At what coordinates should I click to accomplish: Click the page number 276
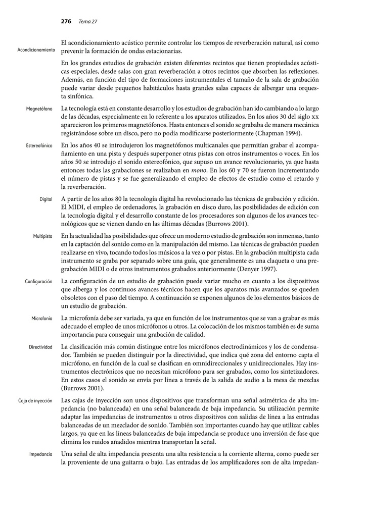click(66, 22)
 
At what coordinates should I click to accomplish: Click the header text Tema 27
click(87, 22)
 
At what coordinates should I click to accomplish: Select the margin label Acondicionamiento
click(36, 50)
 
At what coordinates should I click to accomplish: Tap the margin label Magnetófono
click(39, 109)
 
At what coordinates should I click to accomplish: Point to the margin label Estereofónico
click(39, 145)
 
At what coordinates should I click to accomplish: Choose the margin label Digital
click(46, 199)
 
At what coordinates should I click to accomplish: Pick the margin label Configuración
click(38, 281)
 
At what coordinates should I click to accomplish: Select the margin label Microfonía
click(41, 319)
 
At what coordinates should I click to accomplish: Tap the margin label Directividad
click(40, 347)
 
